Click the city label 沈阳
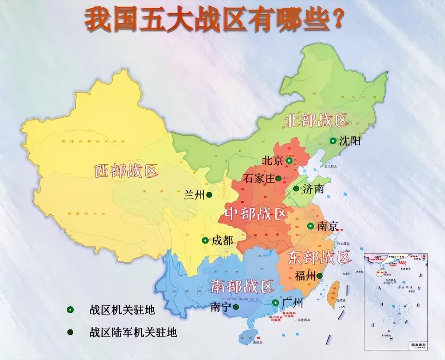pos(350,141)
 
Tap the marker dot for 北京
pos(289,161)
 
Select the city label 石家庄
pos(259,179)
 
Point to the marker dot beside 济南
pos(296,189)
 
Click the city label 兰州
pos(194,195)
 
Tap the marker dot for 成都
pos(205,240)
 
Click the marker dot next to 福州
pos(319,276)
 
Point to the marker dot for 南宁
pos(236,307)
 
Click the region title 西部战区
pos(126,171)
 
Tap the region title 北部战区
pos(316,121)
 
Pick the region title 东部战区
pos(319,257)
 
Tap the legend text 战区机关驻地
pos(122,310)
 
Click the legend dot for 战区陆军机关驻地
pos(70,332)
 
